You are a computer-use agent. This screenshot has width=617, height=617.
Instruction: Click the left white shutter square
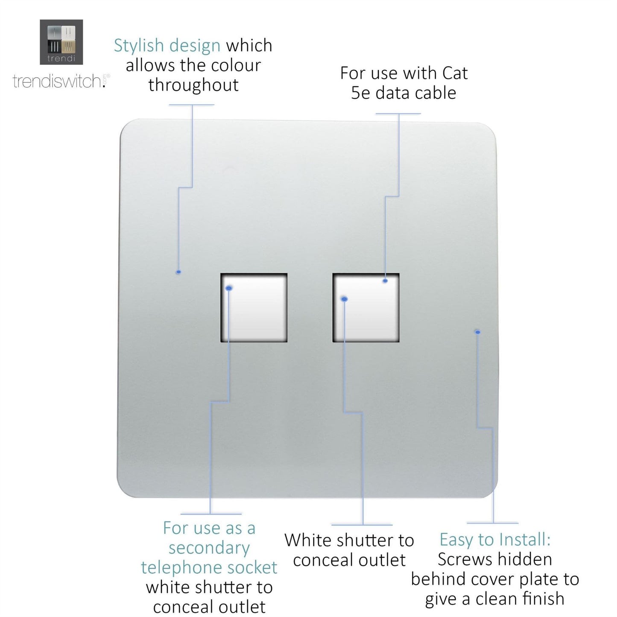[x=254, y=307]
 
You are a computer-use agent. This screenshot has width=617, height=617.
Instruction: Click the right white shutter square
[x=366, y=307]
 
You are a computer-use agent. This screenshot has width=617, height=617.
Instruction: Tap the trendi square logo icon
[x=61, y=42]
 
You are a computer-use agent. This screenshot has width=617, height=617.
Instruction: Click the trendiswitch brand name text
[x=58, y=81]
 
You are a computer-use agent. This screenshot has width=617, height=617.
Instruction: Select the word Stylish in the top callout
[x=139, y=45]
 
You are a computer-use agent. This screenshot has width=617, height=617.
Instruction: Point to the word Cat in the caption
[x=455, y=73]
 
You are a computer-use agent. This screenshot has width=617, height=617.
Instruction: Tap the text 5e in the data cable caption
[x=360, y=93]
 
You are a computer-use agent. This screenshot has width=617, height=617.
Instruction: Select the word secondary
[x=209, y=548]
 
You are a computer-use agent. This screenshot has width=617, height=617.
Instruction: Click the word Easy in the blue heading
[x=455, y=539]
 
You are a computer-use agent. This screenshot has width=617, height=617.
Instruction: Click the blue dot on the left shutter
[x=229, y=288]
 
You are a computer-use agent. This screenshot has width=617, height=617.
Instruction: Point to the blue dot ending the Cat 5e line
[x=385, y=281]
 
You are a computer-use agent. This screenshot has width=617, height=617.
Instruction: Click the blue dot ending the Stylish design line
[x=178, y=272]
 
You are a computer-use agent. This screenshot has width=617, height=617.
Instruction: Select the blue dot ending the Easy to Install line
[x=477, y=332]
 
